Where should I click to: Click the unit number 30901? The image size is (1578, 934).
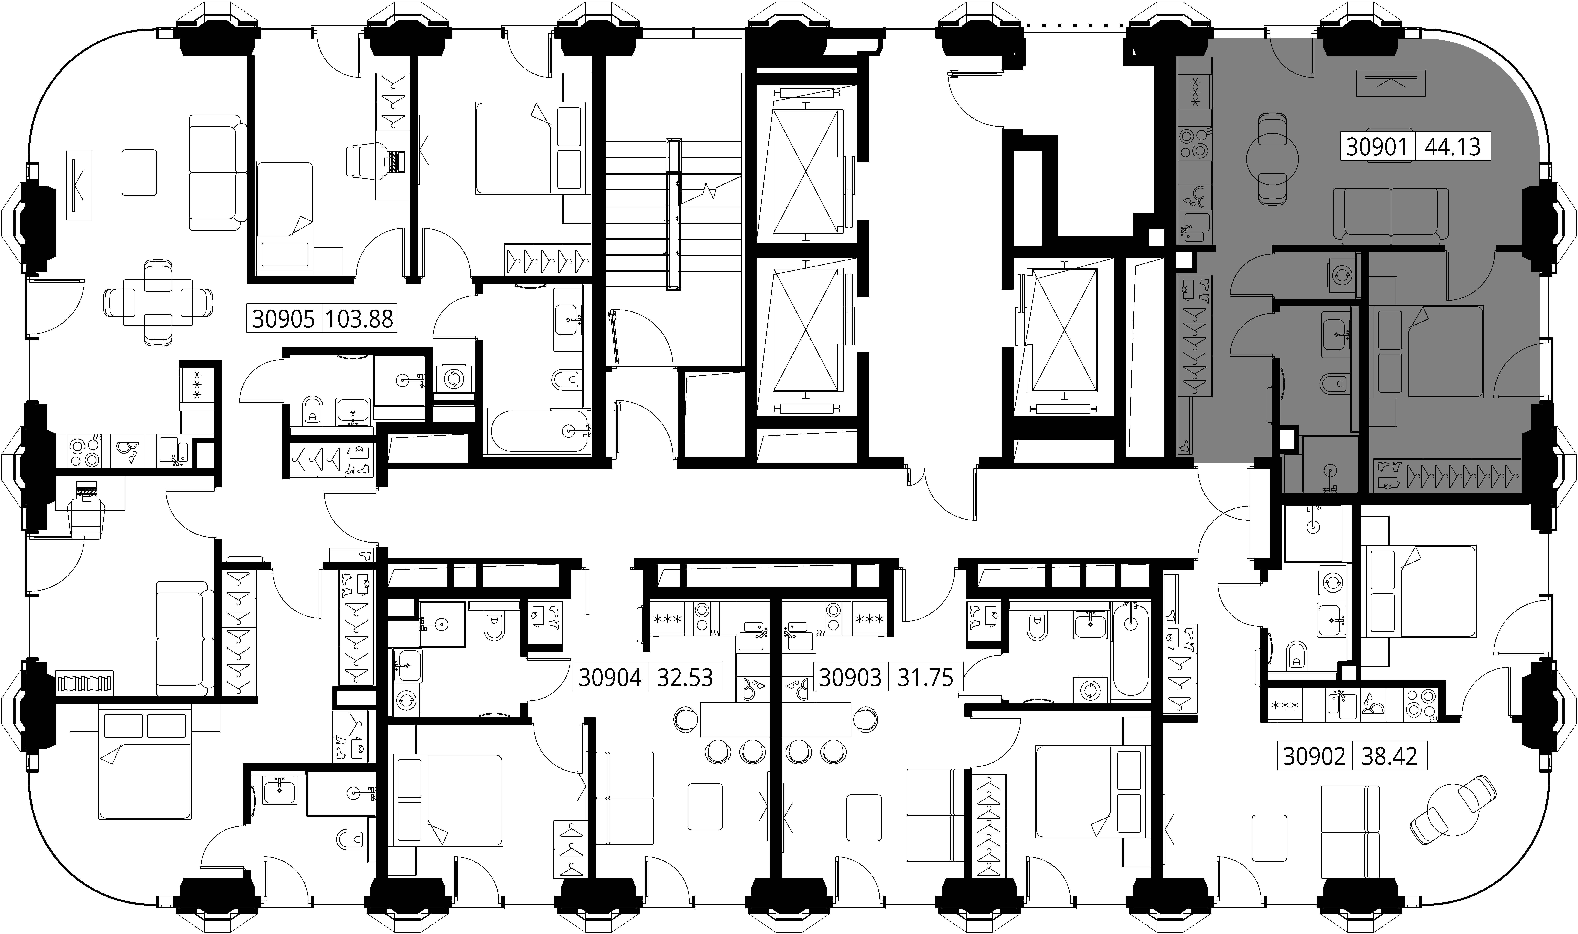point(1377,147)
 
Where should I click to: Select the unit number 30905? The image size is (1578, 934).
point(283,319)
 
